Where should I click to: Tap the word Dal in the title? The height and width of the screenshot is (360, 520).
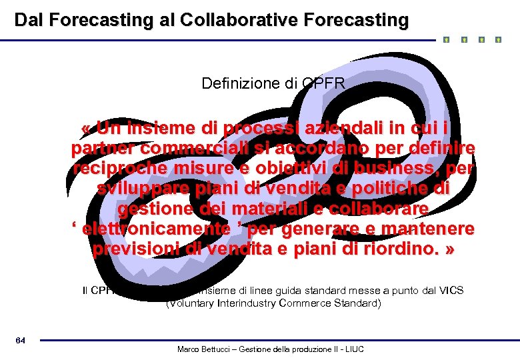29,20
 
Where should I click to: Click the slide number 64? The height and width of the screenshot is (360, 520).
21,341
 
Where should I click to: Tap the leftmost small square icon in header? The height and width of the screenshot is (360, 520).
446,40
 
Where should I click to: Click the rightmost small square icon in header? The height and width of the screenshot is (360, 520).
498,40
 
